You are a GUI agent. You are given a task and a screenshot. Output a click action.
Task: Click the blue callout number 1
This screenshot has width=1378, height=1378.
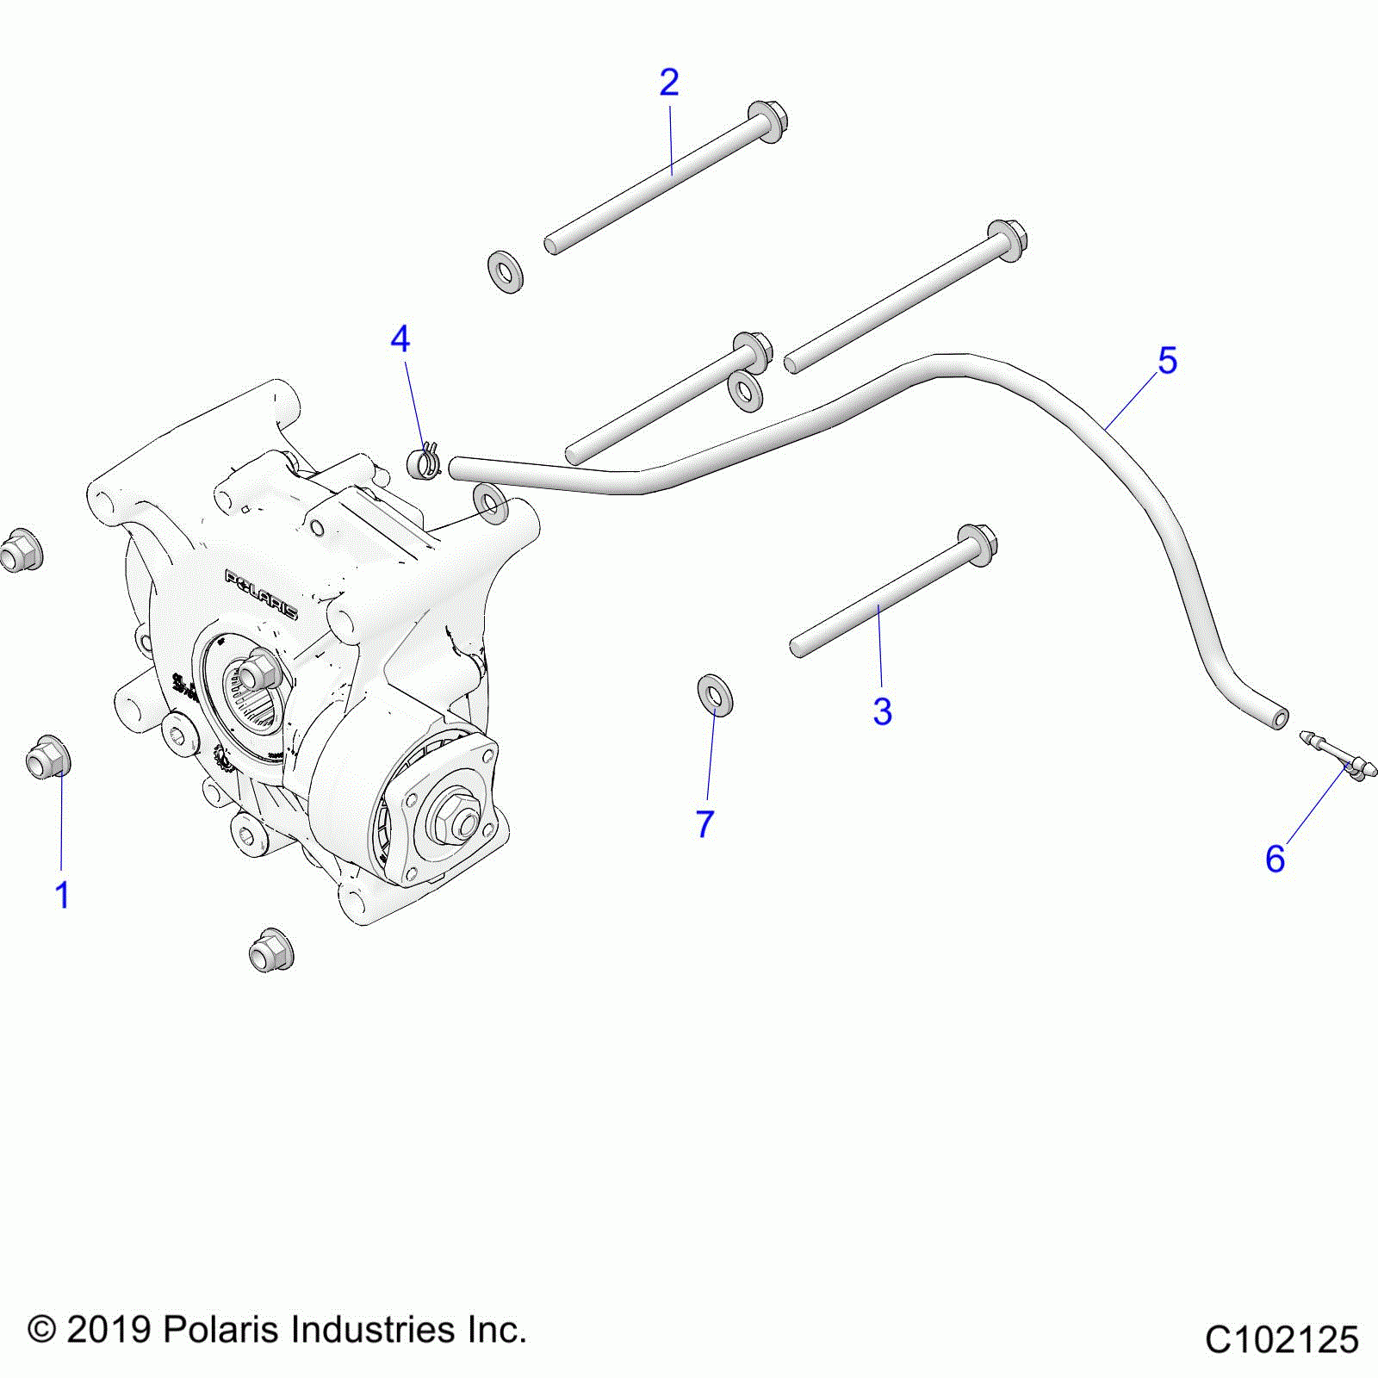(62, 896)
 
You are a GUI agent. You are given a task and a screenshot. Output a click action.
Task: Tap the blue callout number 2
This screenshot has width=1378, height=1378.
(669, 83)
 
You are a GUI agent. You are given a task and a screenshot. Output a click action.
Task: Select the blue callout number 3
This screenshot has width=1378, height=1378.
(882, 712)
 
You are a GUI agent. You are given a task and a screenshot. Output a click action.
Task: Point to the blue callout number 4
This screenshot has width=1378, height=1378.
(400, 339)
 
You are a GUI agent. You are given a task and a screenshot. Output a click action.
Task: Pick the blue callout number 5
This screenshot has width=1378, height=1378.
(1167, 361)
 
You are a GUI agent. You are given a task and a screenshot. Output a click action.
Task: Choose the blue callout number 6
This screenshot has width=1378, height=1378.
(1275, 859)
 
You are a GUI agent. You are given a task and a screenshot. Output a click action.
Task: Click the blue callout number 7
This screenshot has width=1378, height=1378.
(705, 824)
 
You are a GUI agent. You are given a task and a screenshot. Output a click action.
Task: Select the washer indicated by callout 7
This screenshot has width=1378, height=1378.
(715, 694)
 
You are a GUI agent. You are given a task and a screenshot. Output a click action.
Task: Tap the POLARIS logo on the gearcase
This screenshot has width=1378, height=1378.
(261, 594)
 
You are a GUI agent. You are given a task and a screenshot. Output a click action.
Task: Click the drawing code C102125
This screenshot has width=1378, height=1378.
(1281, 1341)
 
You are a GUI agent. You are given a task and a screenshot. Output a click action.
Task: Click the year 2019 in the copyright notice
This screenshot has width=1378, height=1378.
(109, 1330)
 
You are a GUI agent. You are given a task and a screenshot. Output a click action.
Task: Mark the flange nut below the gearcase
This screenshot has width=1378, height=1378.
(270, 950)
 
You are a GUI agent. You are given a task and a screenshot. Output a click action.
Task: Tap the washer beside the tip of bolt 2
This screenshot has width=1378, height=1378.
(506, 272)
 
